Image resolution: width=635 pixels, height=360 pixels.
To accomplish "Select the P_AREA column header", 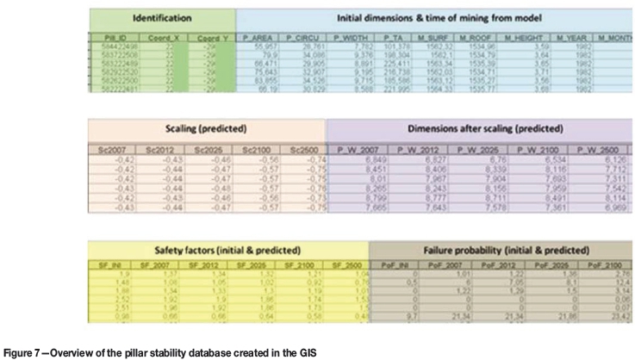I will coord(258,39).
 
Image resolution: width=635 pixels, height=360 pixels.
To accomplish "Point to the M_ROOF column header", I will coord(475,39).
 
